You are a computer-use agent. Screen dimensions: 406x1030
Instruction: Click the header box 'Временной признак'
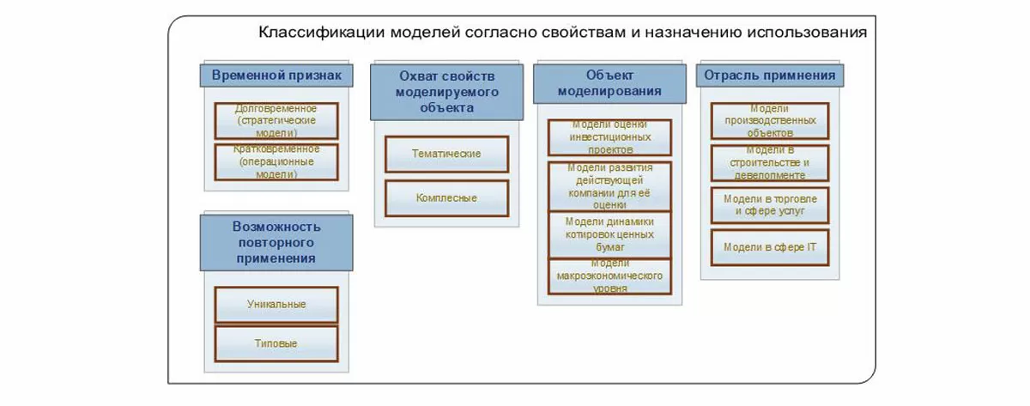pos(276,76)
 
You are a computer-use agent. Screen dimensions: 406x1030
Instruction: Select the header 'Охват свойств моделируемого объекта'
pos(446,92)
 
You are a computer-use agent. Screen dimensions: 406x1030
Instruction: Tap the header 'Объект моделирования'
pos(609,83)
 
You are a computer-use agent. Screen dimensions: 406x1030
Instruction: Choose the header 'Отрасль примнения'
pos(770,76)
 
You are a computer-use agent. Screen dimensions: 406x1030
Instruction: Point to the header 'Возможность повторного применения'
pos(276,241)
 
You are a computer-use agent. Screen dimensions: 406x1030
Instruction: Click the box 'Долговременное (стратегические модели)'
pos(276,121)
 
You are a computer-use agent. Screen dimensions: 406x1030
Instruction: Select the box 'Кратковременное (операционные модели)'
pos(276,161)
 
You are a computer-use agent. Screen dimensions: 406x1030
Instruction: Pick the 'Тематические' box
pos(446,154)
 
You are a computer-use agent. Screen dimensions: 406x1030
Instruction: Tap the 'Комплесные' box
pos(446,198)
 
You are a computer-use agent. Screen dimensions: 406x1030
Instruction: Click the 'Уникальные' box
pos(276,304)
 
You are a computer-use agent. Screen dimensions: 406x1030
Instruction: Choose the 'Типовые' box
pos(276,343)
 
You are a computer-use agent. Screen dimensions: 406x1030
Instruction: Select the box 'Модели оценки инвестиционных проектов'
pos(609,137)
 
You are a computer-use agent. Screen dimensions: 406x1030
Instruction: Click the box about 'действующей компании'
pos(609,185)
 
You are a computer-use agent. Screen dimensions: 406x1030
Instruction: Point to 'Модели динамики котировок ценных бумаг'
pos(609,233)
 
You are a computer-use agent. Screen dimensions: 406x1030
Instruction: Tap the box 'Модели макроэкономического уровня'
pos(609,276)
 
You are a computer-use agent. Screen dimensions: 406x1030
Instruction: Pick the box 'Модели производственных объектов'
pos(770,121)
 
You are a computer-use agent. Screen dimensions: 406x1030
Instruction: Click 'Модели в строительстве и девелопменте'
pos(770,162)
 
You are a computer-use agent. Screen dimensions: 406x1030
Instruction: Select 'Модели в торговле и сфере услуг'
pos(770,204)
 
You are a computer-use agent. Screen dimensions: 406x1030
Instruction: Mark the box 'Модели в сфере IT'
pos(770,247)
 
